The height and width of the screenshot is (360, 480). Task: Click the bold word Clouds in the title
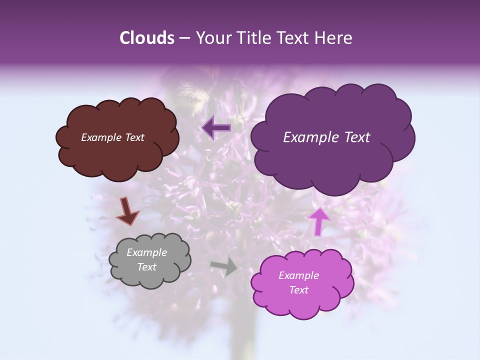[x=147, y=38]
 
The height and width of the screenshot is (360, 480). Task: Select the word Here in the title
[x=335, y=38]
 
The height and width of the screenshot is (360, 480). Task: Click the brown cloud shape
[x=117, y=155]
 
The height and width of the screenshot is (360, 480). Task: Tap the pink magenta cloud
[x=302, y=305]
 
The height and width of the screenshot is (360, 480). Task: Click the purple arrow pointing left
[x=216, y=128]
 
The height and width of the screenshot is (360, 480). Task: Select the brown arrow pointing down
[x=127, y=211]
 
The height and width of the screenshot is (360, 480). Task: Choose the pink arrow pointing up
[x=319, y=220]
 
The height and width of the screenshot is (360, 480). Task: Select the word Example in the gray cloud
[x=146, y=252]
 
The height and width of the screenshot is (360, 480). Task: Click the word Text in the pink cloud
[x=298, y=290]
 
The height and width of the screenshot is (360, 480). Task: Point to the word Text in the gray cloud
[x=146, y=267]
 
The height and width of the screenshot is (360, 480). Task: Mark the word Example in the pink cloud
[x=298, y=275]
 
